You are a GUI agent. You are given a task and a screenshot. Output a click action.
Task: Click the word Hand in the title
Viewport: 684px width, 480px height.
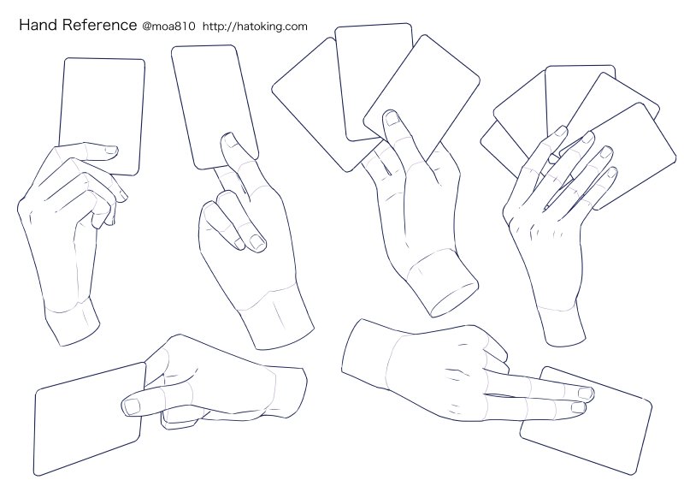pos(38,25)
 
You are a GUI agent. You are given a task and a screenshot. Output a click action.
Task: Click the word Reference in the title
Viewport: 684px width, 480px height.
pos(99,25)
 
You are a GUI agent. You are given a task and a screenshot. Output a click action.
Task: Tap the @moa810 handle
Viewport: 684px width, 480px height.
pos(168,27)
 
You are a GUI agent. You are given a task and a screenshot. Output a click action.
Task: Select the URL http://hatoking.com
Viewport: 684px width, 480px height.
pos(255,27)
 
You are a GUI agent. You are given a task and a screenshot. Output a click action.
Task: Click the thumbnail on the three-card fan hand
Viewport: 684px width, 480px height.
pos(392,118)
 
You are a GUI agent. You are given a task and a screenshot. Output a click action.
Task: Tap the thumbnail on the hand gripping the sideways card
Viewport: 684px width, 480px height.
pos(132,406)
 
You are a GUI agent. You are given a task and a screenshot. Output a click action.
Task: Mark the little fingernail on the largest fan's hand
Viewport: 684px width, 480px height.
pos(612,173)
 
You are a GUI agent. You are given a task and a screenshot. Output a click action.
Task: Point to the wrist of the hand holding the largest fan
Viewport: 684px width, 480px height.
pos(563,323)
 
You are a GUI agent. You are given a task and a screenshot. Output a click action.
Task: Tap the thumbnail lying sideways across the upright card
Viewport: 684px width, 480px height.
pos(112,151)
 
